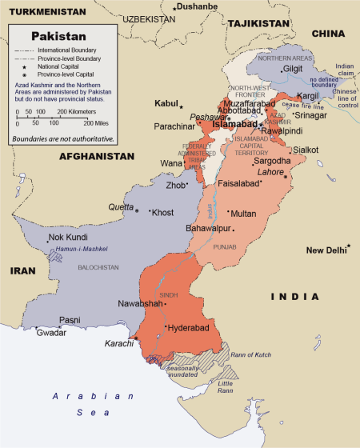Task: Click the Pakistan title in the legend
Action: pos(58,36)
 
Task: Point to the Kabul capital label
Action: pos(166,104)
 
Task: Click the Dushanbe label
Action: pos(198,6)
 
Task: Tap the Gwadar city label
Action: pos(51,332)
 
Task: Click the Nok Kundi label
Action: pos(67,238)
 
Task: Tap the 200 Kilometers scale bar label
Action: pos(83,111)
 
